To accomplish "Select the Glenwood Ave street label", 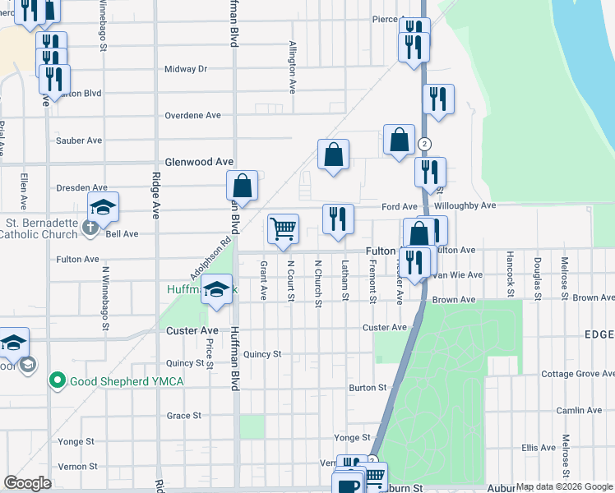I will tap(200, 163).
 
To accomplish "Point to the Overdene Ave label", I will tap(193, 115).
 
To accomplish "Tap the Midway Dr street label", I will tap(186, 69).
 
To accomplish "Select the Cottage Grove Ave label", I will tap(577, 374).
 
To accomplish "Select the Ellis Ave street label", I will tap(539, 448).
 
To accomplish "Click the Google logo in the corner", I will tap(28, 483).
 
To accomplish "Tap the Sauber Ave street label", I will tap(79, 141).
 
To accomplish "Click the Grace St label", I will tap(184, 416).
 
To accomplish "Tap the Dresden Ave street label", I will tap(82, 188).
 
